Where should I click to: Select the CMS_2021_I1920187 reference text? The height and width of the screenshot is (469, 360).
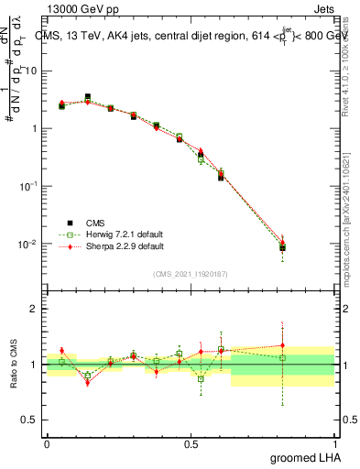pos(190,273)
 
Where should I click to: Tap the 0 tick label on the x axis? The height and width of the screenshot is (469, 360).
pos(46,443)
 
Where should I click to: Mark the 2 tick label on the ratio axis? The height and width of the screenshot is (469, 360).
pos(35,310)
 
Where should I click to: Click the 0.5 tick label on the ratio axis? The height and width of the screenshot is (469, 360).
pos(31,421)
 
